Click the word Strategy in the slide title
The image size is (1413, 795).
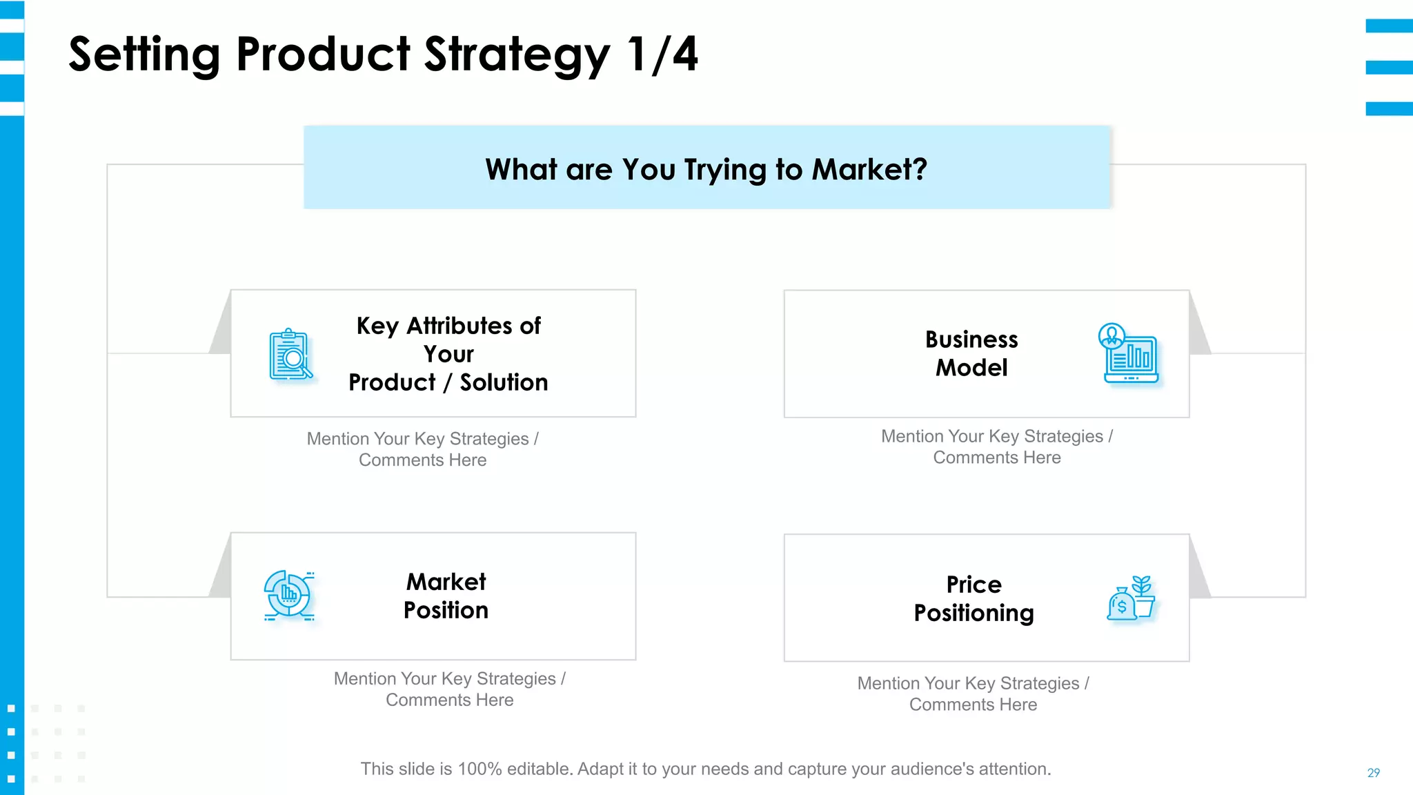516,55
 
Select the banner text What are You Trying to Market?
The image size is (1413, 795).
706,170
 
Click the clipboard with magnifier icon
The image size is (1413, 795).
290,354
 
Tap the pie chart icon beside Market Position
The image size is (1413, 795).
289,595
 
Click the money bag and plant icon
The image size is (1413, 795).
1131,598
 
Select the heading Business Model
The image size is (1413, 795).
971,353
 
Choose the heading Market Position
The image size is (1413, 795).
446,596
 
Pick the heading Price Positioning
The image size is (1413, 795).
974,599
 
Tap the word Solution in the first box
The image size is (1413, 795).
504,382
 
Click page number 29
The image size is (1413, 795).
1373,773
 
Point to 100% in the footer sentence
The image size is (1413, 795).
480,769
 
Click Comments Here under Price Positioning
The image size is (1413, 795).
973,705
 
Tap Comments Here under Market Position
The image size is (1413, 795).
449,700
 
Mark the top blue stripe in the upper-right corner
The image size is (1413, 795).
1389,26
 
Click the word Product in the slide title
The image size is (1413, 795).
323,55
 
